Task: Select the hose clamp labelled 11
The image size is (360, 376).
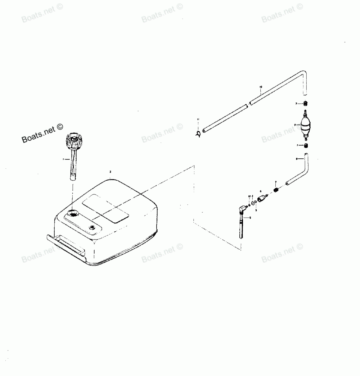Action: coord(198,133)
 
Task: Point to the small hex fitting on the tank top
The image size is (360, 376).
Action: coord(93,227)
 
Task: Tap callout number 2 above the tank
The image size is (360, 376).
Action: coord(111,172)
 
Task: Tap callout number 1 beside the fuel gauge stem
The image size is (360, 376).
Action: coord(64,159)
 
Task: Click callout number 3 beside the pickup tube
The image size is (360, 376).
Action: coord(250,218)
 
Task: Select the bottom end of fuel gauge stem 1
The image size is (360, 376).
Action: coord(73,177)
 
